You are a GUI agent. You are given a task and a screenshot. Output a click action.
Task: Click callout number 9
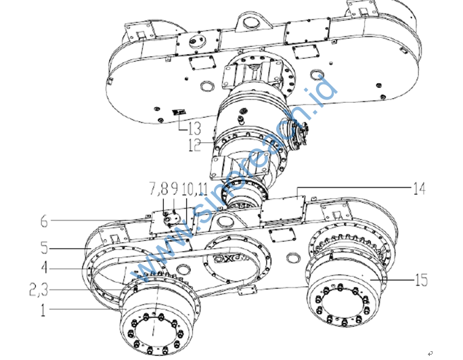[x=175, y=187]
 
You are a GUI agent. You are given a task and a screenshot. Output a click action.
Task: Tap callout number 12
[x=192, y=144]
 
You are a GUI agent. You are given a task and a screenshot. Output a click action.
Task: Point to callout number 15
[x=422, y=277]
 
